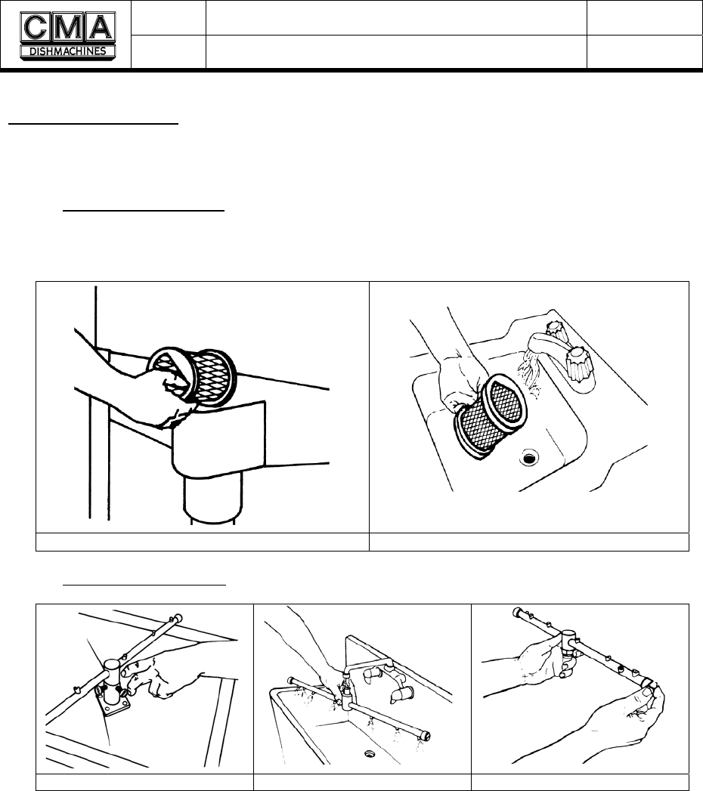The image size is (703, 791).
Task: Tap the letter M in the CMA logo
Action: click(67, 27)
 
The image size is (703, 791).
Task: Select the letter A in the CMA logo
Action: click(101, 27)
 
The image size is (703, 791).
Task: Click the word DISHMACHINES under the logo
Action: click(67, 51)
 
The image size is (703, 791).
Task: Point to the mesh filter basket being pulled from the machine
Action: click(192, 376)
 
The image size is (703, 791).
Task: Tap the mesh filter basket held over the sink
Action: click(491, 417)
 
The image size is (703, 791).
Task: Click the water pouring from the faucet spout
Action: click(529, 371)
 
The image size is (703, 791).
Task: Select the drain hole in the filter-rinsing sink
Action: click(529, 458)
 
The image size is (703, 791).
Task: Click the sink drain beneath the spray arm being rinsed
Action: click(370, 754)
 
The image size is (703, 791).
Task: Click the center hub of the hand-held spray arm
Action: click(570, 641)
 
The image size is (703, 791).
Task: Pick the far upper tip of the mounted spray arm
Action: click(178, 617)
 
